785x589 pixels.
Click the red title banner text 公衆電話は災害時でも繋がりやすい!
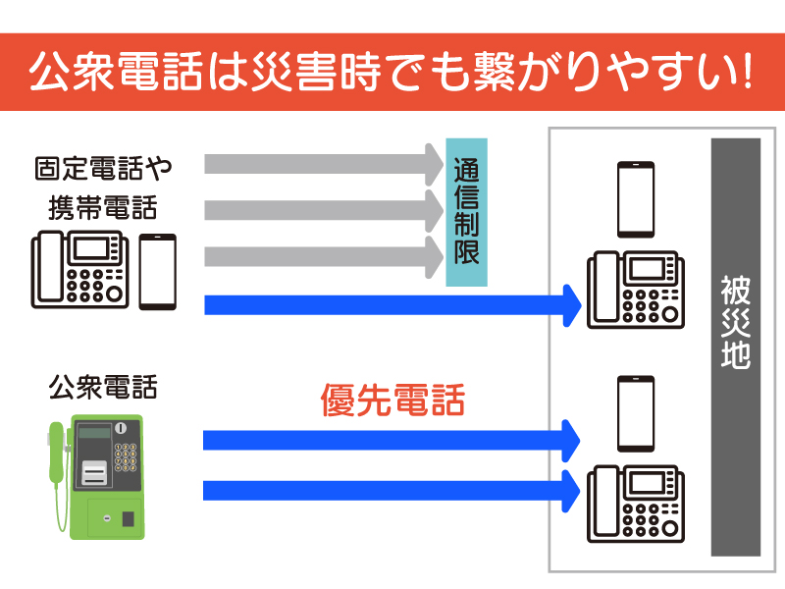tap(392, 73)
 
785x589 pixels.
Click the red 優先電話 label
tap(392, 401)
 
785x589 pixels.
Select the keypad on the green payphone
tap(127, 456)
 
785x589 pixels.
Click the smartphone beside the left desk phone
tap(157, 271)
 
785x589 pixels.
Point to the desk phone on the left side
tap(81, 269)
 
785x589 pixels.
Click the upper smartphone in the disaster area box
tap(635, 199)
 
